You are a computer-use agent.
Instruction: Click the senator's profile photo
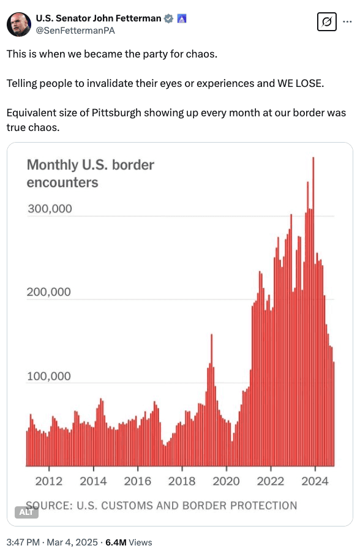19,24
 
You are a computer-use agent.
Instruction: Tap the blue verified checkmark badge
169,18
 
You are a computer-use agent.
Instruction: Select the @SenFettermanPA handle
75,31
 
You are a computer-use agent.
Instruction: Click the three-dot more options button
347,22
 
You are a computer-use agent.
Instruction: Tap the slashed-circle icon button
326,22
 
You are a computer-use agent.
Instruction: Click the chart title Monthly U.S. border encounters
91,174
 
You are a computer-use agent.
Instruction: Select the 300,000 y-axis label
50,208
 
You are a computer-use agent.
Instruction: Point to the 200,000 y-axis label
49,292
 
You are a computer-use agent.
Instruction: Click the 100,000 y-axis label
49,377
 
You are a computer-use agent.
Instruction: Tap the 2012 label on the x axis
49,481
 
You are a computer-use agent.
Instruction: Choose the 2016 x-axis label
138,481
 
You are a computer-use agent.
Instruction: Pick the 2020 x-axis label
226,481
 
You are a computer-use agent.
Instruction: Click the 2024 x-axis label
315,481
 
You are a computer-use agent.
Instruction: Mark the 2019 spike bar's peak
212,334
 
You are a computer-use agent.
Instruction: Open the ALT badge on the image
26,512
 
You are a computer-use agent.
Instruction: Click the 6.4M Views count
129,542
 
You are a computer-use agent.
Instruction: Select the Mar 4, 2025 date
72,542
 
